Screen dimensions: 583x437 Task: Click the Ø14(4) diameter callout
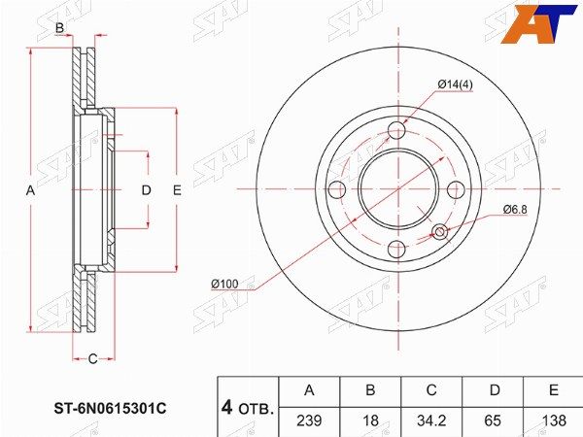pyautogui.click(x=455, y=84)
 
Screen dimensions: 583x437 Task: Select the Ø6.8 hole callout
pyautogui.click(x=515, y=210)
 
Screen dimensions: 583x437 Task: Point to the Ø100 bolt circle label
pyautogui.click(x=224, y=285)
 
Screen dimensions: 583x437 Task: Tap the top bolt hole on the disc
pyautogui.click(x=397, y=130)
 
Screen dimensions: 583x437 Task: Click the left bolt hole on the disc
pyautogui.click(x=337, y=190)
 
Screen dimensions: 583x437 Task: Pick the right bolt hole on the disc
pyautogui.click(x=457, y=190)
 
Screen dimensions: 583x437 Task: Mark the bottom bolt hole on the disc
pyautogui.click(x=397, y=249)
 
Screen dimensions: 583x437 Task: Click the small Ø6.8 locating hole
pyautogui.click(x=439, y=231)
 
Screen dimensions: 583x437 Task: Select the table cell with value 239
pyautogui.click(x=309, y=421)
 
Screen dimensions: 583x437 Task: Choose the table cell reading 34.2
pyautogui.click(x=431, y=421)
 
